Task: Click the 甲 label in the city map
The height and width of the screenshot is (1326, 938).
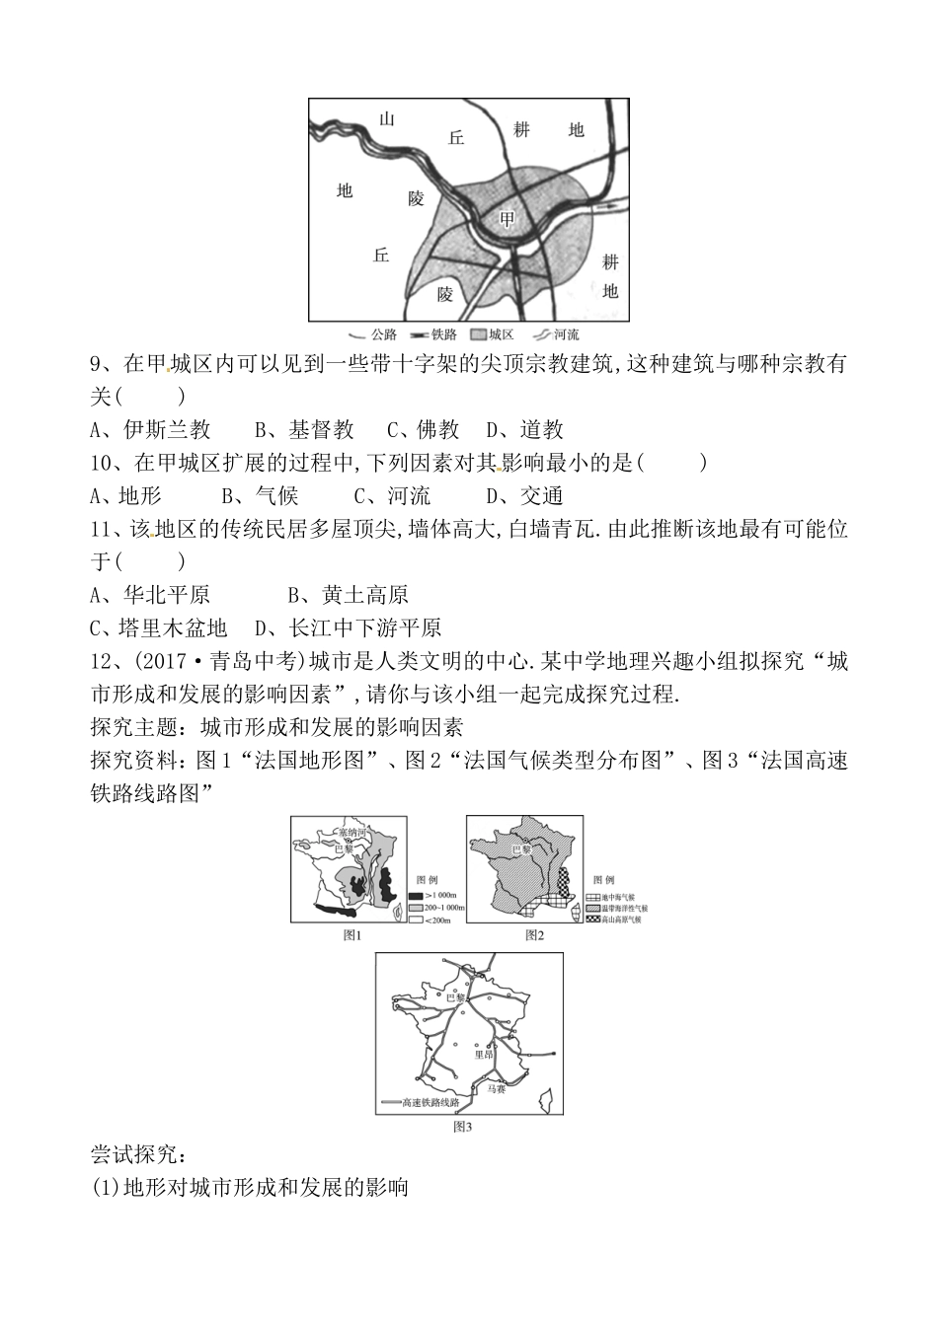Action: [507, 219]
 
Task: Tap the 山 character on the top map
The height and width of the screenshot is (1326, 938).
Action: [387, 118]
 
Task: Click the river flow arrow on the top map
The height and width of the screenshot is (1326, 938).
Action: [611, 206]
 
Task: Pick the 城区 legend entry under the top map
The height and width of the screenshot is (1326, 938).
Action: [493, 334]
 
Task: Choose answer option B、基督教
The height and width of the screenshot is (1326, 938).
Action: [304, 429]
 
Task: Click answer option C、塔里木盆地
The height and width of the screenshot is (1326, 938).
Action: [158, 627]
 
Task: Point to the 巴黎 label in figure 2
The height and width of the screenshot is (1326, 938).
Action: [520, 847]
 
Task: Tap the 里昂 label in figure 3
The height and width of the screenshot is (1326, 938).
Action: [483, 1053]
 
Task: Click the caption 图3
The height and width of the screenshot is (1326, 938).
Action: [463, 1126]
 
